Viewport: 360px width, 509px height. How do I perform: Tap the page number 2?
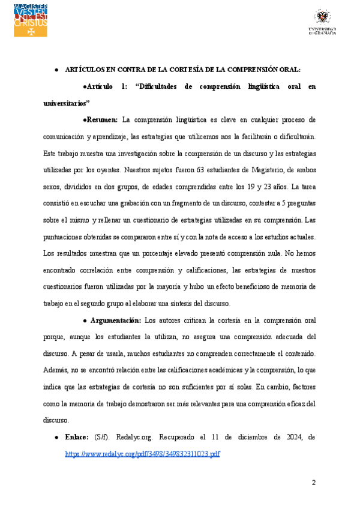click(x=313, y=483)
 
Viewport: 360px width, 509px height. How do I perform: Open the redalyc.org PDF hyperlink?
click(x=143, y=453)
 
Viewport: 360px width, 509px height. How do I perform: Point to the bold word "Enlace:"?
click(x=77, y=438)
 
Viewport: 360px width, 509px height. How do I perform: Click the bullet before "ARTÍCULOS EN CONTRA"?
click(x=56, y=70)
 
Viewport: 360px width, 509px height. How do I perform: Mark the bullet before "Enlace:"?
click(x=56, y=438)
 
